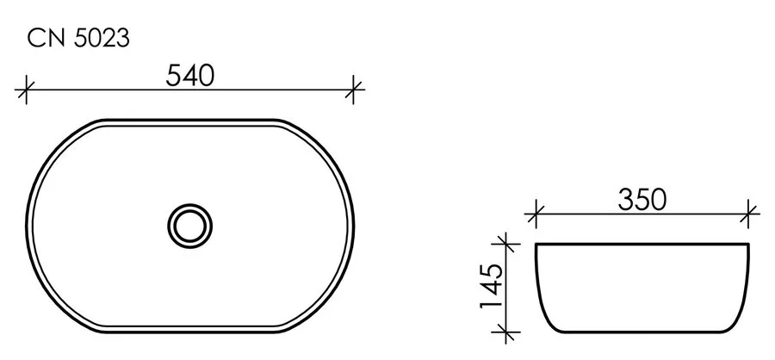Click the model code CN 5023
(x=78, y=37)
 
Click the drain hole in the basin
(x=189, y=226)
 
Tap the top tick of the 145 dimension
(x=508, y=245)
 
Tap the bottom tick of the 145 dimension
(x=508, y=331)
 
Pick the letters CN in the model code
(x=44, y=37)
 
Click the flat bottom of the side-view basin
(x=642, y=331)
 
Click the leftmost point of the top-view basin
(x=31, y=226)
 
